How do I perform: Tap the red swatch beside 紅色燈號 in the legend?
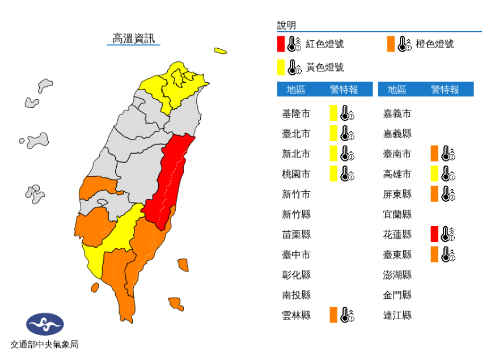click(281, 44)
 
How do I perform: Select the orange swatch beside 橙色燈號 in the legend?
click(391, 44)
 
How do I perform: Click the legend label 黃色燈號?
click(325, 67)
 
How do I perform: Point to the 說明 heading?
click(286, 26)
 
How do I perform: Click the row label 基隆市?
click(296, 113)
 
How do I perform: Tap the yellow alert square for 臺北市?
click(333, 134)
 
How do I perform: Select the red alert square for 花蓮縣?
click(434, 234)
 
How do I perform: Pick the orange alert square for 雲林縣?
click(333, 315)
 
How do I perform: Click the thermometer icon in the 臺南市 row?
click(448, 154)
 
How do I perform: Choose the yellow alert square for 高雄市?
click(434, 174)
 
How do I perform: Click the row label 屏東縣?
click(398, 194)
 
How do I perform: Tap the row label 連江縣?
click(398, 315)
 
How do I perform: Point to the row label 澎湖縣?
click(398, 275)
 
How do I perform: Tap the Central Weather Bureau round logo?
click(45, 324)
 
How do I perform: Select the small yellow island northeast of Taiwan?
click(221, 52)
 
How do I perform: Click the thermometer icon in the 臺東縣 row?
click(448, 255)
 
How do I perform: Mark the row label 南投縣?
click(296, 295)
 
